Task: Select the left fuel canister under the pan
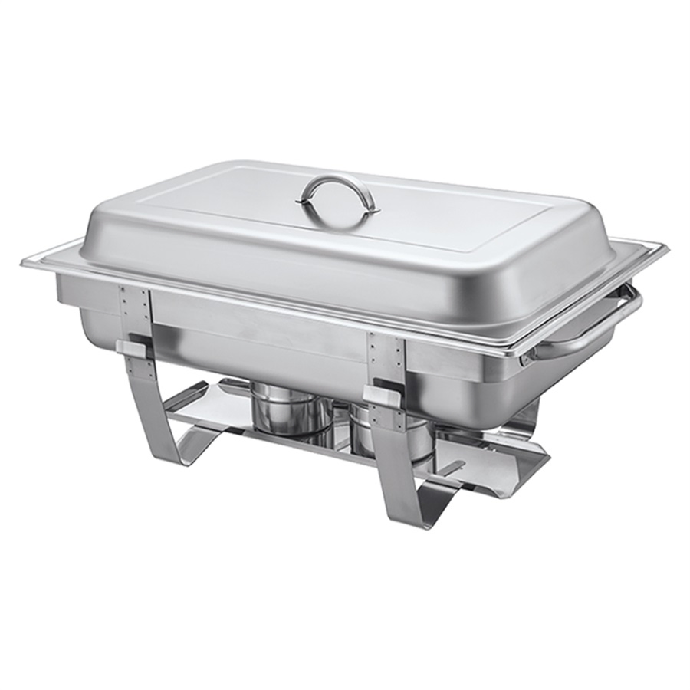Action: (292, 410)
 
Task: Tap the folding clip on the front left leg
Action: (134, 349)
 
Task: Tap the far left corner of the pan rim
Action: (28, 261)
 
